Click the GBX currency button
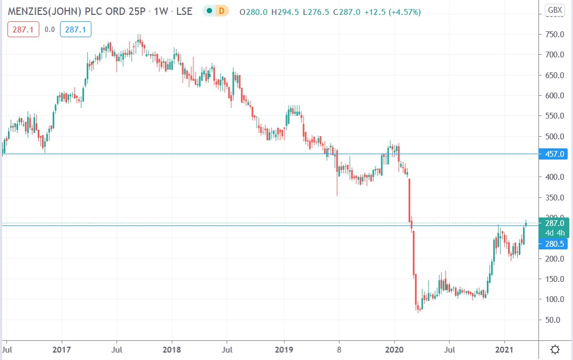click(x=555, y=10)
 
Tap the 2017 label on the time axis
click(x=62, y=349)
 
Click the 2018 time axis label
click(x=172, y=349)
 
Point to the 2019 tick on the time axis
click(x=284, y=349)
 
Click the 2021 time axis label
click(x=504, y=349)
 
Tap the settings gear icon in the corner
click(x=555, y=349)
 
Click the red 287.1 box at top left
click(x=23, y=30)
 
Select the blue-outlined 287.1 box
click(x=75, y=30)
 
